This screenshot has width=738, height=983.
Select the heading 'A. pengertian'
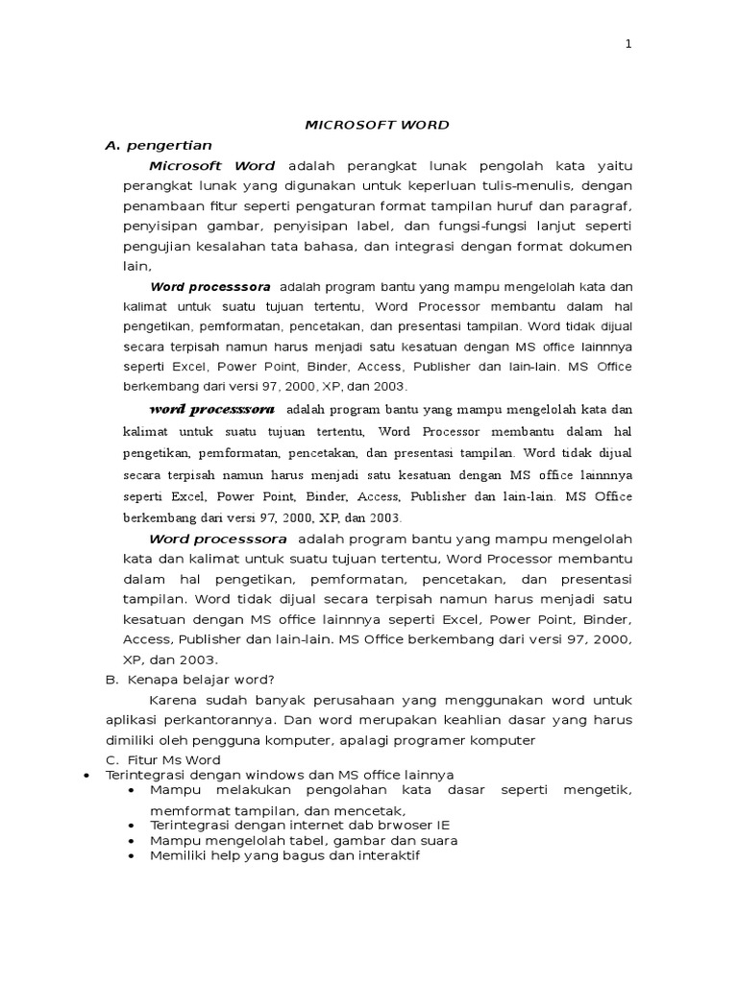click(158, 145)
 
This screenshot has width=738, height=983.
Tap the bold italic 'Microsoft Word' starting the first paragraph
click(212, 166)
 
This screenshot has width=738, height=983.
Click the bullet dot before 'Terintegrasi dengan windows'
click(87, 775)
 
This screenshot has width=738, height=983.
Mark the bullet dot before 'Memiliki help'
click(132, 855)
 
